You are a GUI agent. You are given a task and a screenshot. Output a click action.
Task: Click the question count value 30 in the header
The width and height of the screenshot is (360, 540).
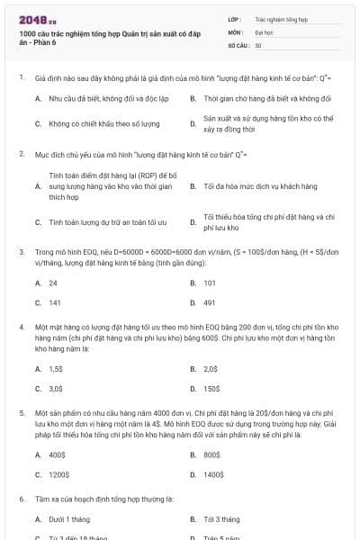258,44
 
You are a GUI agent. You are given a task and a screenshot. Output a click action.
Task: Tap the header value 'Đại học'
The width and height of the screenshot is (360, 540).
265,31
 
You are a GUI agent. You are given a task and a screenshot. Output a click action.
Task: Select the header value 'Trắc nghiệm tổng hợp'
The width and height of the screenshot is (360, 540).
281,18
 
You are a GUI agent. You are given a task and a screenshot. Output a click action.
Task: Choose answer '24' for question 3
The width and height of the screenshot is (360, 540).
53,283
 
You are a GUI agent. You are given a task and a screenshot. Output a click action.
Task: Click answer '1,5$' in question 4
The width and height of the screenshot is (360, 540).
56,368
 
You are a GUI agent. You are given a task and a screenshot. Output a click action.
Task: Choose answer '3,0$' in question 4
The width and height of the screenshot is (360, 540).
56,389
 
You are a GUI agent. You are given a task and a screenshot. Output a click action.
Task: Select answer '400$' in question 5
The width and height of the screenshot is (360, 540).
57,454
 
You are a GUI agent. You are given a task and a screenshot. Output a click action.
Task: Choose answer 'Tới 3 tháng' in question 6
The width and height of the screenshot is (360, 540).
221,519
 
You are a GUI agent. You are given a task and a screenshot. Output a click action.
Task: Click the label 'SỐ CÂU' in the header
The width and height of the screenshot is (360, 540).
238,44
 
